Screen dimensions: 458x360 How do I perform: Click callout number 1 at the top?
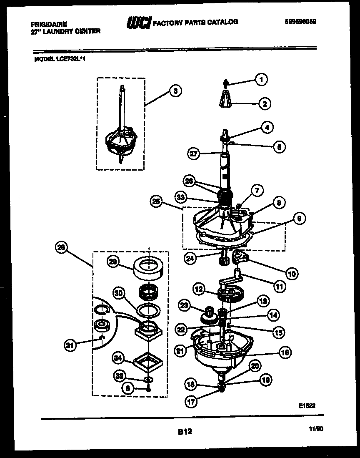[x=261, y=79]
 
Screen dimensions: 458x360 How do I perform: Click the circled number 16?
[x=285, y=352]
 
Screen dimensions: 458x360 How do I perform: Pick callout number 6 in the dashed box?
[x=128, y=388]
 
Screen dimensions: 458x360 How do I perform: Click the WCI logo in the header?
[x=138, y=23]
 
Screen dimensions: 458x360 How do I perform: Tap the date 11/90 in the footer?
[x=316, y=428]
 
